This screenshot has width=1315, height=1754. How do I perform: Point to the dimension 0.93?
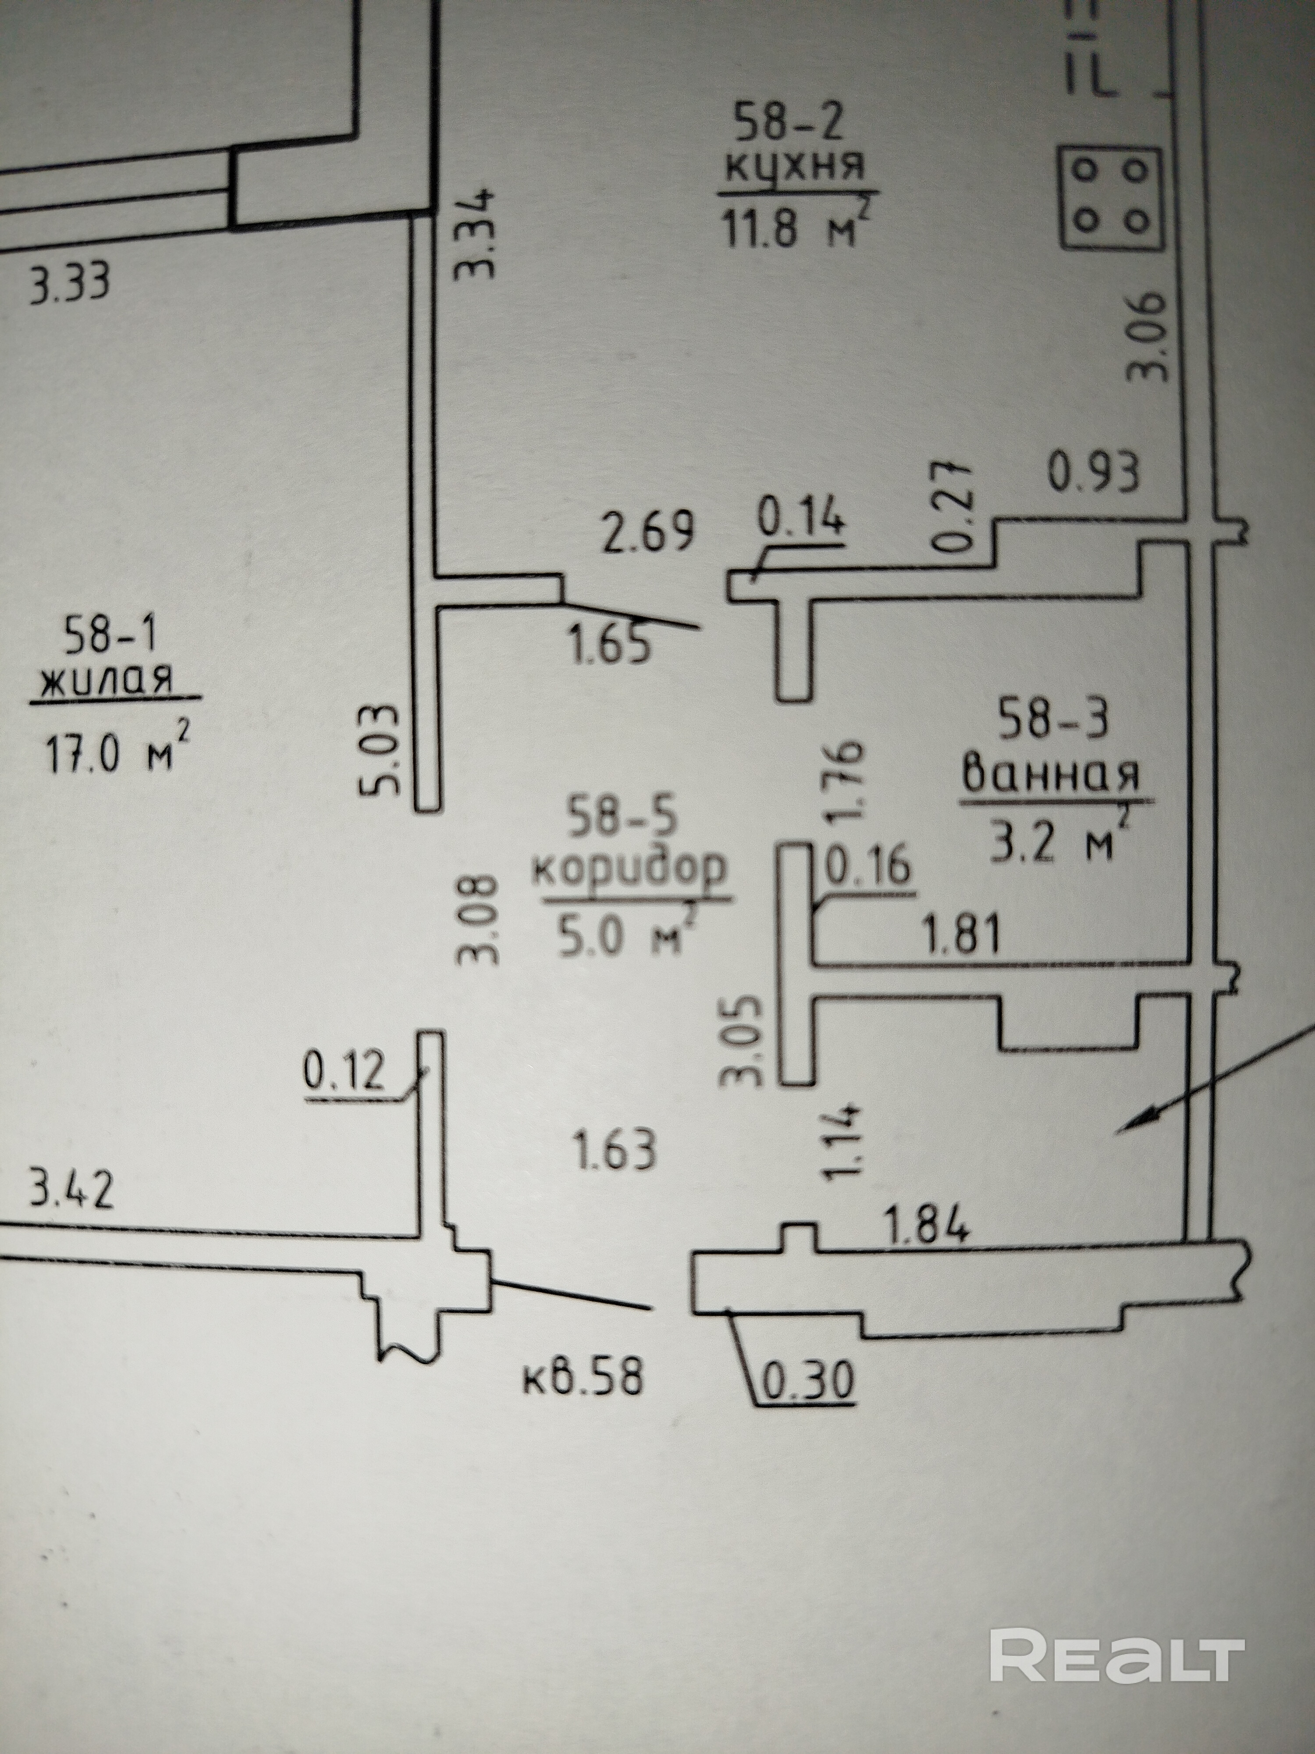pyautogui.click(x=1094, y=473)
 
